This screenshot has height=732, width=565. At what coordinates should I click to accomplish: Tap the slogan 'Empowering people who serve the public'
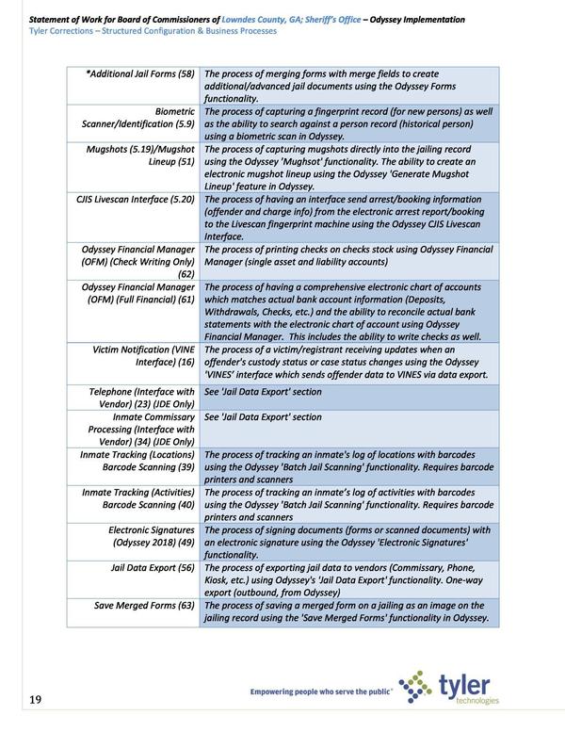321,694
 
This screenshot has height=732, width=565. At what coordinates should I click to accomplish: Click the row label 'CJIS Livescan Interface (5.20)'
136,200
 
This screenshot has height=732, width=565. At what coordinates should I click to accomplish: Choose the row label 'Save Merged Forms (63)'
144,605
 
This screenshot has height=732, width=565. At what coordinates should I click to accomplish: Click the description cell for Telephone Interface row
263,391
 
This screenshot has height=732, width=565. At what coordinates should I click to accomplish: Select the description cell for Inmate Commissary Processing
263,416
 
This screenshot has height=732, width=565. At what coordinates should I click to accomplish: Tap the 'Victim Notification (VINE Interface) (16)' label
143,355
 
